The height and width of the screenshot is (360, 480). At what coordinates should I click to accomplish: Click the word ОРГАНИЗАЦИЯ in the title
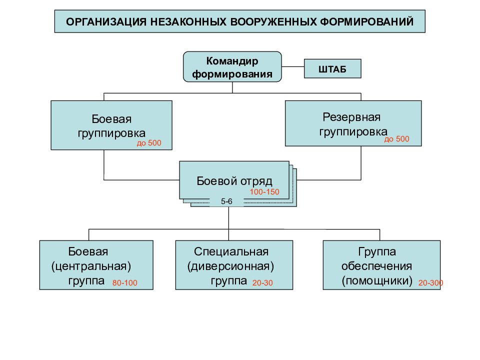click(106, 22)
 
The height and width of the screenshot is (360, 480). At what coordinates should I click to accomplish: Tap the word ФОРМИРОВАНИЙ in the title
click(366, 22)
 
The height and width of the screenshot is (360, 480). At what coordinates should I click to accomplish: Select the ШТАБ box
click(332, 68)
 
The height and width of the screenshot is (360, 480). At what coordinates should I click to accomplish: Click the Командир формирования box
click(232, 66)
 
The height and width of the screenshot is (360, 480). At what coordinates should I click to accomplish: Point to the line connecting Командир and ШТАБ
click(292, 66)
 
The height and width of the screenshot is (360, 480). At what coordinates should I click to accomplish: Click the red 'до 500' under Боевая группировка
click(149, 143)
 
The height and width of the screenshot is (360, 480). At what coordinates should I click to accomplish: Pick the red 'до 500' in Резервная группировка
click(396, 139)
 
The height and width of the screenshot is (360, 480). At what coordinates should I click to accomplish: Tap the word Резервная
click(351, 117)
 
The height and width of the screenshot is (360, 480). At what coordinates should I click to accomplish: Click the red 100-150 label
click(264, 192)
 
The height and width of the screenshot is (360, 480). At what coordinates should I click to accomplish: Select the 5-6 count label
click(226, 201)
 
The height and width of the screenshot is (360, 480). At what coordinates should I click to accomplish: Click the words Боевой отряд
click(234, 181)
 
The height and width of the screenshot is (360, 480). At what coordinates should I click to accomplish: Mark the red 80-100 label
click(124, 283)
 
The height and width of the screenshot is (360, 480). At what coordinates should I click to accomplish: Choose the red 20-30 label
click(262, 283)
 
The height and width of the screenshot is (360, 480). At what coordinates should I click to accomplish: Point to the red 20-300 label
click(430, 283)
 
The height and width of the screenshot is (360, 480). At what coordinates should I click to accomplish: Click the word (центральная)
click(91, 266)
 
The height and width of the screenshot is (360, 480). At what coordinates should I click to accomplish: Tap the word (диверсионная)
click(230, 266)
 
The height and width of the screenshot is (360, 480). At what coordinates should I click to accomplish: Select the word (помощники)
click(377, 280)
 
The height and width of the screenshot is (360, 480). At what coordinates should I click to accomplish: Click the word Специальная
click(231, 251)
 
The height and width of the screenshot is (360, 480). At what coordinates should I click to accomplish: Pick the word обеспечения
click(376, 266)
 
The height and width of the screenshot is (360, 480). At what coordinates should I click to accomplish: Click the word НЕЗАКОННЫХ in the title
click(188, 22)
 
